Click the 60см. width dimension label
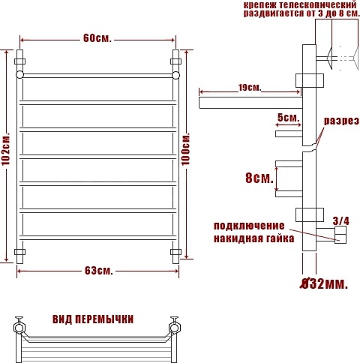(x=97, y=38)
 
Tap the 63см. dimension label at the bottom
(x=99, y=270)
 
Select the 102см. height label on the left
(x=5, y=148)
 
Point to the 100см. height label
(x=185, y=149)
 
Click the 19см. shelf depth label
(x=250, y=88)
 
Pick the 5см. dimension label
(x=288, y=117)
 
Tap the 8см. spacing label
(x=259, y=178)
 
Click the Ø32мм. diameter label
(x=324, y=283)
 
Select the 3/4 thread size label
(x=341, y=221)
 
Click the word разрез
(x=341, y=121)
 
